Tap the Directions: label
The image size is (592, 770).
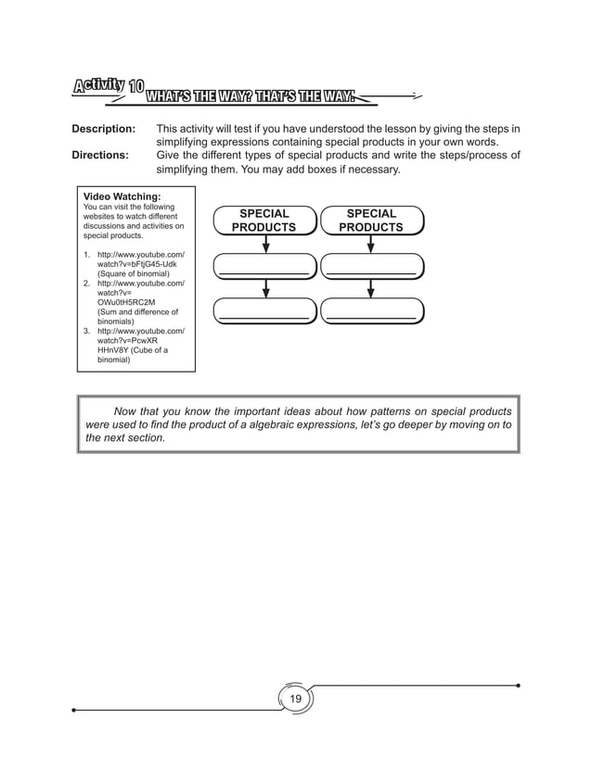coord(101,156)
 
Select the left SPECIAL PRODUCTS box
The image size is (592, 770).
coord(264,221)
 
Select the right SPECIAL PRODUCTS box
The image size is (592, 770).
coord(371,221)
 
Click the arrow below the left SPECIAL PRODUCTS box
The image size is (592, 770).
coord(266,245)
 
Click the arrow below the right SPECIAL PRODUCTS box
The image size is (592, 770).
coord(371,245)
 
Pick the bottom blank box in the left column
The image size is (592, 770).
coord(264,310)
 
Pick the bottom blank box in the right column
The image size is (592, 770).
coord(371,310)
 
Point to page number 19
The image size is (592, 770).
coord(296,699)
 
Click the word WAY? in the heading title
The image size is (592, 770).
coord(244,92)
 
